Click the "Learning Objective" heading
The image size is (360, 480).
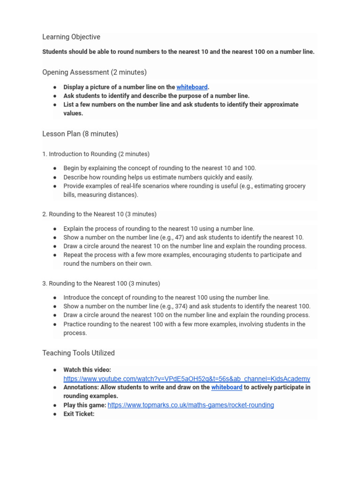[x=71, y=37]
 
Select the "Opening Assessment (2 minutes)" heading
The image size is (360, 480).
[x=94, y=72]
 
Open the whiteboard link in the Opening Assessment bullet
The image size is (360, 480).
[x=192, y=87]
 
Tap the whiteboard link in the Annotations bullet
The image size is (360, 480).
[x=226, y=387]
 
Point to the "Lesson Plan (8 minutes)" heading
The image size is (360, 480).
[x=80, y=134]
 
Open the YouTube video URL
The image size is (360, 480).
[x=187, y=379]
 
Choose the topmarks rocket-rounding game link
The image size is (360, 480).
[x=191, y=405]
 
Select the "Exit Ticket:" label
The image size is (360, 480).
[x=79, y=414]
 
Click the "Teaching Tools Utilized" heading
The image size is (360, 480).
[x=78, y=353]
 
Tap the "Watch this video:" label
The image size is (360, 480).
[x=87, y=370]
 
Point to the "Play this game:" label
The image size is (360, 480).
[x=85, y=405]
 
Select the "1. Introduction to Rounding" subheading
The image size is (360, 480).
[x=96, y=154]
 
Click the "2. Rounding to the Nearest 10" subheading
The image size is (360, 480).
[x=99, y=214]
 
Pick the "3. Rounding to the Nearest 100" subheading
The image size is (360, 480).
[x=101, y=284]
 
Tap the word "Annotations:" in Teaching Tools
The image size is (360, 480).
[x=82, y=387]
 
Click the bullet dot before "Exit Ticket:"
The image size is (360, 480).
[x=55, y=414]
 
